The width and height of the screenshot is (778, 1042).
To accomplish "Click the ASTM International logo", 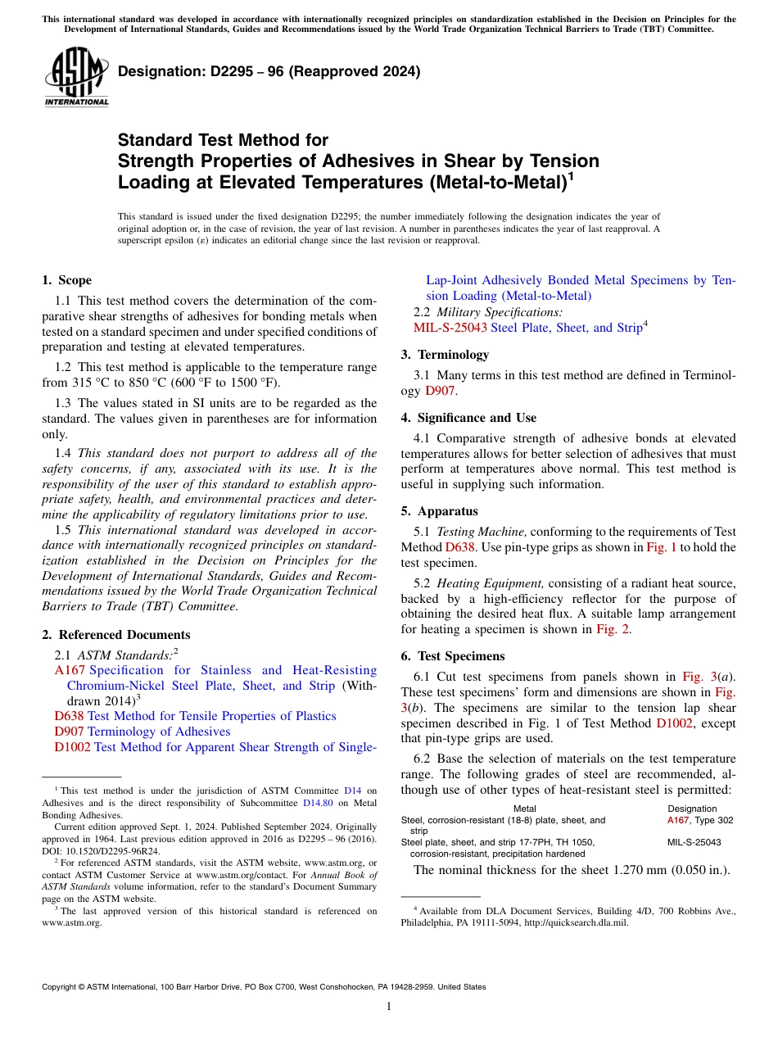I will [76, 78].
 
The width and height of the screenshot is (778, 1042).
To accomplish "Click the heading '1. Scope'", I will [66, 280].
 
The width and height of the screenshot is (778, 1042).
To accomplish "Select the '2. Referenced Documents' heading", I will [115, 635].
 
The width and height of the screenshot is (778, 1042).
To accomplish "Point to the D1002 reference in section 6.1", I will [672, 723].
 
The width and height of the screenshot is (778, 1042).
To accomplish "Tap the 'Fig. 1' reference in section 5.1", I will [662, 547].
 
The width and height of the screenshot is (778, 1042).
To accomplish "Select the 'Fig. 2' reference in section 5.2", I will [613, 629].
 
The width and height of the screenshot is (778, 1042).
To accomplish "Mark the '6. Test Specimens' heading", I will [453, 656].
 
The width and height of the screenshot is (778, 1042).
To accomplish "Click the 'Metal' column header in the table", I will [524, 809].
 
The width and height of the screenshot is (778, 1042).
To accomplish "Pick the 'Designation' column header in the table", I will [692, 809].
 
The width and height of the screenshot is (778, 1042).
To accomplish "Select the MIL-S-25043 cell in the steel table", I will [694, 842].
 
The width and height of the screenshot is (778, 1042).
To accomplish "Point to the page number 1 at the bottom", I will [389, 1006].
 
